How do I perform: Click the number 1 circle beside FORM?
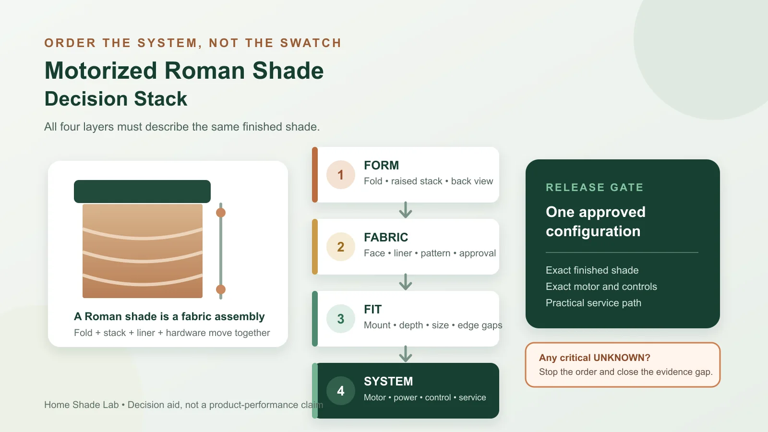(x=340, y=175)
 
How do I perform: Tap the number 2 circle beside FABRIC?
(x=340, y=247)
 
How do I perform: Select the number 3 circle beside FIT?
(x=340, y=319)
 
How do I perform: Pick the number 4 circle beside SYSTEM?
(x=340, y=391)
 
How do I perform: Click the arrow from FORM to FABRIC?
(x=406, y=210)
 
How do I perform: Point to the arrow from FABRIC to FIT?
(x=406, y=282)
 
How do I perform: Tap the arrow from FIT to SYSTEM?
(x=406, y=354)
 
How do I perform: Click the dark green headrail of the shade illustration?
(x=142, y=192)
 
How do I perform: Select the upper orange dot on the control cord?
(x=221, y=213)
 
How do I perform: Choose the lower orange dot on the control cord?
(x=221, y=289)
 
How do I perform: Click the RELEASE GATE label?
(x=595, y=188)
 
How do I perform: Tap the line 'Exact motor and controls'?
(x=601, y=287)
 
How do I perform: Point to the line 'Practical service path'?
(x=593, y=303)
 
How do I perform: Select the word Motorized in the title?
(x=101, y=71)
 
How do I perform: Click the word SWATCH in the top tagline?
(x=311, y=43)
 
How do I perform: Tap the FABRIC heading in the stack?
(x=386, y=237)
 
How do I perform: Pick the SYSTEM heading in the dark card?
(x=388, y=381)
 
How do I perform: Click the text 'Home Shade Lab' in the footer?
(x=81, y=405)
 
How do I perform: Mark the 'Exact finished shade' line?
(x=592, y=270)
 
